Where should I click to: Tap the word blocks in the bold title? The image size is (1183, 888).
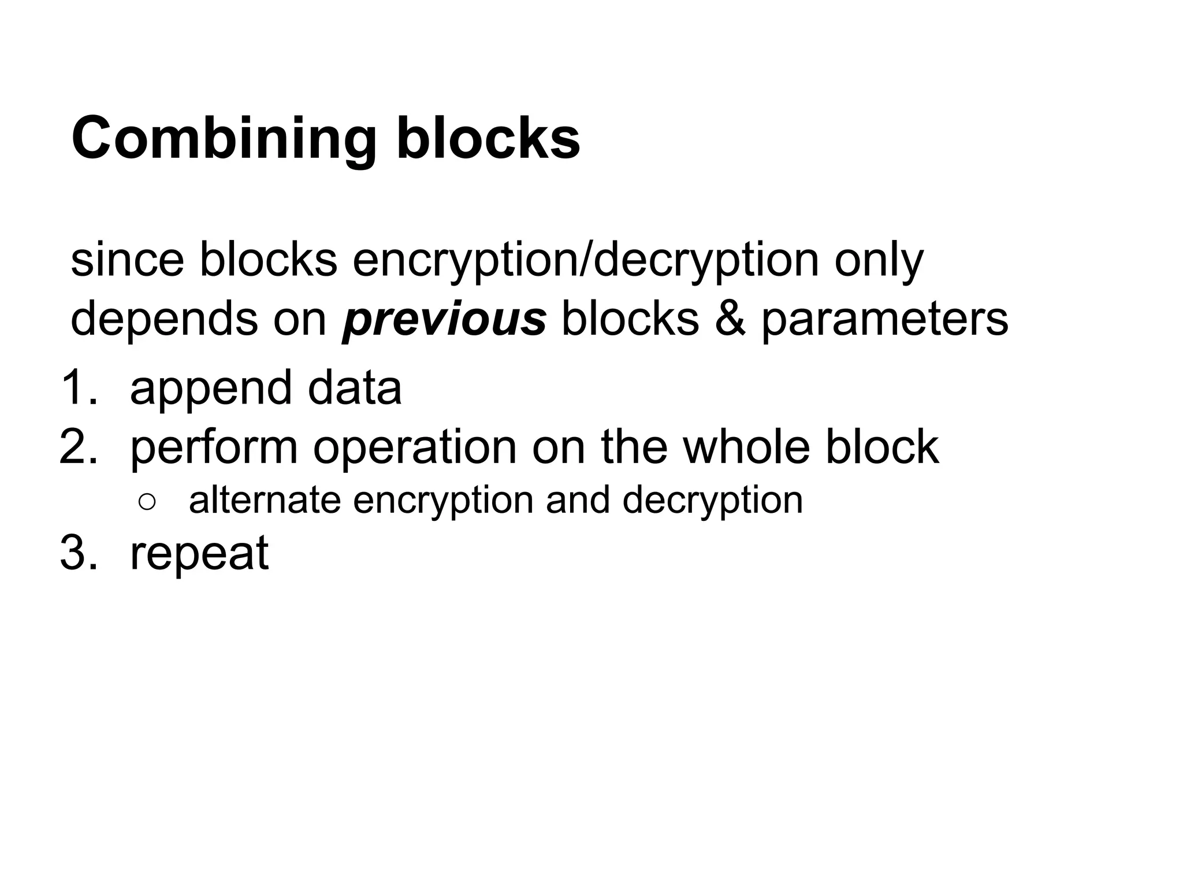[x=488, y=138]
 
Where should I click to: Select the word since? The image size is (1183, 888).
[x=127, y=260]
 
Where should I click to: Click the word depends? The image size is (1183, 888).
[x=164, y=320]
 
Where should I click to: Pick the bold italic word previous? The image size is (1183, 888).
[x=444, y=320]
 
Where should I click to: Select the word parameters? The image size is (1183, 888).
[x=884, y=320]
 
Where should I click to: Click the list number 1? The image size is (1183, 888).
[x=79, y=387]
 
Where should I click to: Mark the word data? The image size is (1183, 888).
[x=354, y=387]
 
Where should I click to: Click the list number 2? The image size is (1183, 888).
[x=79, y=446]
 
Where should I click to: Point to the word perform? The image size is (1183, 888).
[x=214, y=447]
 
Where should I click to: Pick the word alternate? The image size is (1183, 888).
[x=265, y=500]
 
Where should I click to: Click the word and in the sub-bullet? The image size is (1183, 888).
[x=578, y=500]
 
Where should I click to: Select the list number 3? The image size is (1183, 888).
[x=79, y=553]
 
